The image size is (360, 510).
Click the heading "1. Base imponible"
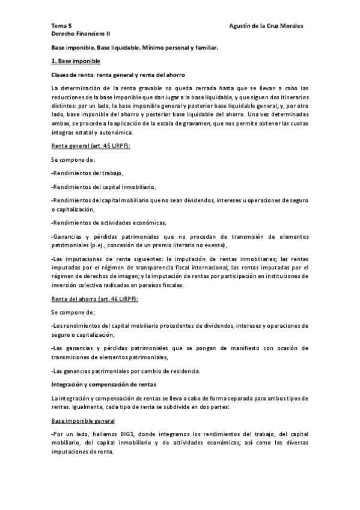click(x=76, y=61)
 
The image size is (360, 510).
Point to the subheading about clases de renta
click(x=118, y=75)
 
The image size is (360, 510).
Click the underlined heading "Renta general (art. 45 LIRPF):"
click(x=90, y=146)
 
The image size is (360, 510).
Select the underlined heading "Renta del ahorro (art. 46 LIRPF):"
click(x=95, y=298)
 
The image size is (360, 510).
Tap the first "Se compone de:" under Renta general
click(x=73, y=159)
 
